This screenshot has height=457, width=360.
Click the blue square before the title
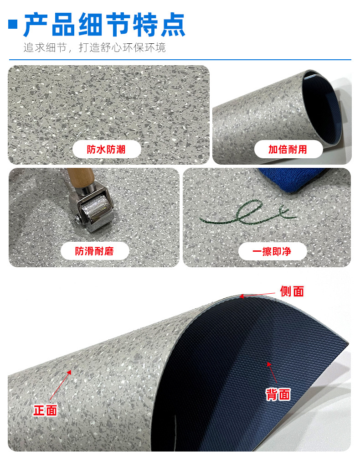[x=13, y=25]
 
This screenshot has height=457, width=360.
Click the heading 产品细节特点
[x=104, y=25]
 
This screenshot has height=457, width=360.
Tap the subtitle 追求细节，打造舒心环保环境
[x=94, y=47]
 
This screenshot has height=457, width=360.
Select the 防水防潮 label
[x=107, y=150]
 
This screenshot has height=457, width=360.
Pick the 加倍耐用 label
[x=288, y=150]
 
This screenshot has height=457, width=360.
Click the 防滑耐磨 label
[x=95, y=251]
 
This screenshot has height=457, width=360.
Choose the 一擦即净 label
[x=272, y=251]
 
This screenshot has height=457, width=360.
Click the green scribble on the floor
[x=248, y=214]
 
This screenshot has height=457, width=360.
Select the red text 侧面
[x=292, y=291]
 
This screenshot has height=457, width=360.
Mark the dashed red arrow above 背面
[x=272, y=372]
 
